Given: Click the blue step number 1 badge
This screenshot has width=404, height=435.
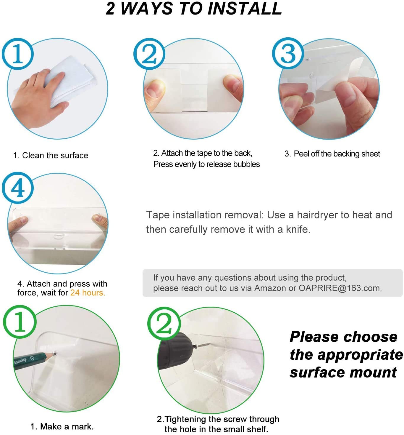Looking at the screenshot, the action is [18, 54].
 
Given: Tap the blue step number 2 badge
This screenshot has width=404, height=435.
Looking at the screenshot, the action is [149, 54].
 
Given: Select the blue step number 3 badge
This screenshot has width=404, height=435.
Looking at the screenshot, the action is [288, 53].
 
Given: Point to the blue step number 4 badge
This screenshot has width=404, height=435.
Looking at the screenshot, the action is [18, 188].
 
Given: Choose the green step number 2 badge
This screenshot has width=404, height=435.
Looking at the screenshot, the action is [164, 324].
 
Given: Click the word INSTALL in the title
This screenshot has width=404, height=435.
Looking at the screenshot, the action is [245, 9].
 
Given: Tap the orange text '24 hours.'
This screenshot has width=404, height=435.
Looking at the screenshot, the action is [88, 293].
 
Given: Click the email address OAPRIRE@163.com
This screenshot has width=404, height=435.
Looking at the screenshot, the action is [340, 288].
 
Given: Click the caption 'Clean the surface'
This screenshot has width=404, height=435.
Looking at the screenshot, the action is [55, 155].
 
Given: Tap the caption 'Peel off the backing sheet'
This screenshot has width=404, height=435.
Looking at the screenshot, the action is [337, 154].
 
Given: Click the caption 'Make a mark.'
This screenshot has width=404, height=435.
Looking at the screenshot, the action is [67, 427].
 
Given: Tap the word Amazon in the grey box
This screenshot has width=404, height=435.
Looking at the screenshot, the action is [270, 288].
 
